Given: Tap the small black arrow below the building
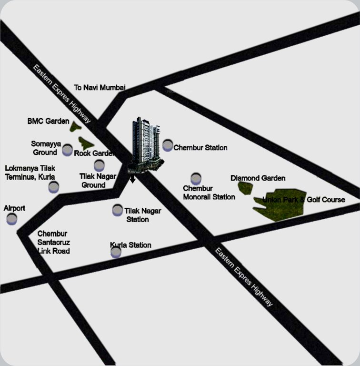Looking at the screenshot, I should [x=132, y=179].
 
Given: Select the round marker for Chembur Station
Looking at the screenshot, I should [x=168, y=145].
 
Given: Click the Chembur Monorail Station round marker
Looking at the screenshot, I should [x=196, y=179].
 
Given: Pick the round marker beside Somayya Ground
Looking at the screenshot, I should [x=68, y=151].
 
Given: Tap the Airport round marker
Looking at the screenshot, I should [x=11, y=219].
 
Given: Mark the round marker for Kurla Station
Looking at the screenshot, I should [x=116, y=252].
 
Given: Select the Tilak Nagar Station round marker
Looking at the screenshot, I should [x=118, y=210].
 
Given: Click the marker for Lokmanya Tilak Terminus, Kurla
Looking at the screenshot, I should [x=54, y=187].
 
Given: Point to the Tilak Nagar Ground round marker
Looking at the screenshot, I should [x=99, y=165].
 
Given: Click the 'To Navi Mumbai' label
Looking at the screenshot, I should [x=100, y=87].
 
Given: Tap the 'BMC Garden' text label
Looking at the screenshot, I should [x=49, y=122].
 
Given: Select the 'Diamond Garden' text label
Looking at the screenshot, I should [x=258, y=178].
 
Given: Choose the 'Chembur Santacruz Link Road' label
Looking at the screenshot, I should [x=53, y=242].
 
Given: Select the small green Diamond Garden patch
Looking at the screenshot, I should [x=245, y=188].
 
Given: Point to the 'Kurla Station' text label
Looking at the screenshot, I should [x=130, y=245].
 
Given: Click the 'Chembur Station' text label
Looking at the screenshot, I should [x=200, y=148].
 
